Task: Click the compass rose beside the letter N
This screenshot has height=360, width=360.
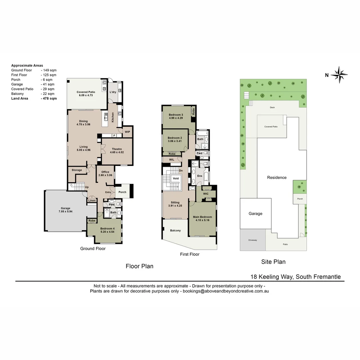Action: [x=339, y=74]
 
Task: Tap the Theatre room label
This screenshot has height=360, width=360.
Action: [x=117, y=149]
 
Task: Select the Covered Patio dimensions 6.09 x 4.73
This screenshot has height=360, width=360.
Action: [x=86, y=95]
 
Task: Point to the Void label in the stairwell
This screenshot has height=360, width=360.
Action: [x=176, y=178]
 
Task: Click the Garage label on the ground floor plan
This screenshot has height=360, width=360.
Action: [x=65, y=208]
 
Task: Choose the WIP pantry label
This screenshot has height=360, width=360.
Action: [x=127, y=132]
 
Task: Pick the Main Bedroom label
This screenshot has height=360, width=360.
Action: [x=202, y=217]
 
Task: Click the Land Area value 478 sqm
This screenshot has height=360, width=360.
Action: [x=49, y=98]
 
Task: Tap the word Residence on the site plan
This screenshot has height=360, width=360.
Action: [x=277, y=177]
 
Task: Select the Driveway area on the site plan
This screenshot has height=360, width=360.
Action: [x=252, y=240]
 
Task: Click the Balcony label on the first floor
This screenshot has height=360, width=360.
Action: [x=175, y=231]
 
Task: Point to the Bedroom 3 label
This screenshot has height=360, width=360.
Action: [x=176, y=115]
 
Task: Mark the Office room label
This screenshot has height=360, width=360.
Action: [x=105, y=172]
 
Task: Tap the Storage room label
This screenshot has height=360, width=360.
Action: [x=77, y=170]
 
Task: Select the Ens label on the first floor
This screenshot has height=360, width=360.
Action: [x=200, y=176]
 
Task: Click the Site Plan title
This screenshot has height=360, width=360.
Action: [x=273, y=262]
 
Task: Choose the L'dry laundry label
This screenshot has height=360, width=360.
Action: [x=113, y=92]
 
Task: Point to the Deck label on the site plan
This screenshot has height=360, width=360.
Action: [x=272, y=108]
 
